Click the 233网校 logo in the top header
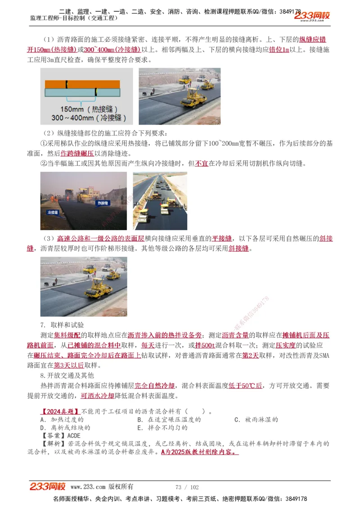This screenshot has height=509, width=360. (x=312, y=16)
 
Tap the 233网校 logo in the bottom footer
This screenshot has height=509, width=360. (x=48, y=487)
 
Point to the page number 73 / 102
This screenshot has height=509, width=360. (x=187, y=487)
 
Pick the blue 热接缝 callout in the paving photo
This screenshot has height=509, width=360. (x=103, y=203)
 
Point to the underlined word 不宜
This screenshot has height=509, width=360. (x=201, y=164)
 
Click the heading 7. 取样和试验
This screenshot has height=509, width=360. (x=62, y=325)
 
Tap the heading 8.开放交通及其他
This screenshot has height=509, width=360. (x=67, y=375)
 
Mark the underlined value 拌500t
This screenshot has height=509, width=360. (x=205, y=345)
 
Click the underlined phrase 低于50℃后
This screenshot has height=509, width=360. (x=245, y=386)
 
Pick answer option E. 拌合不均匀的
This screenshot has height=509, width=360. (x=162, y=428)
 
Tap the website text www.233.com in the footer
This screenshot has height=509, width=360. (x=88, y=487)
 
